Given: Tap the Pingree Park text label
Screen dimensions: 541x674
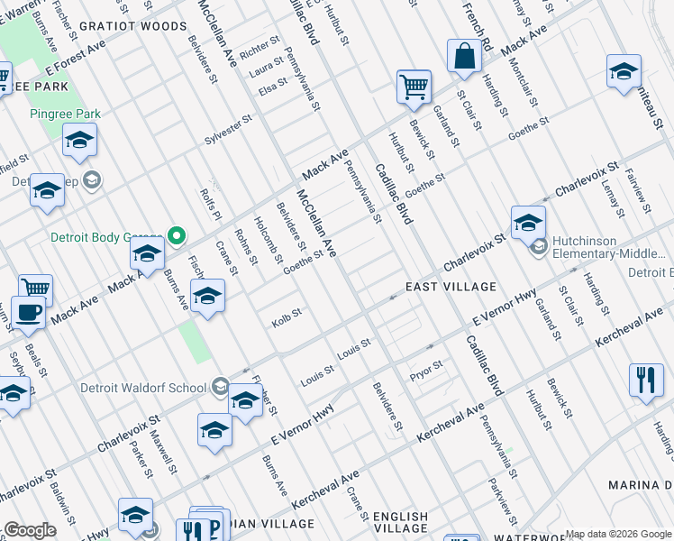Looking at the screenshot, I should point(65,114).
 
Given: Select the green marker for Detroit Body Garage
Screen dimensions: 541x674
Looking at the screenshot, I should point(178,236).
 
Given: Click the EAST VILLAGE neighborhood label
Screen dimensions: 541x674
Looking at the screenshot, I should point(451,287).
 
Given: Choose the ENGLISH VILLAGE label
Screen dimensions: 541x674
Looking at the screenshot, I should point(401,522).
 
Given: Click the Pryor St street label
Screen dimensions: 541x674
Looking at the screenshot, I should point(425,368).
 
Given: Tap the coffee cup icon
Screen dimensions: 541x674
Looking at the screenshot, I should point(28,312).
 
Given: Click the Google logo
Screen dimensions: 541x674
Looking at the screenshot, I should point(30,530).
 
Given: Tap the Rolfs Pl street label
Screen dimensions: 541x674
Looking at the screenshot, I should point(213,205).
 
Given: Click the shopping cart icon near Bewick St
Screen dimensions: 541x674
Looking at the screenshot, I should point(414,87).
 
